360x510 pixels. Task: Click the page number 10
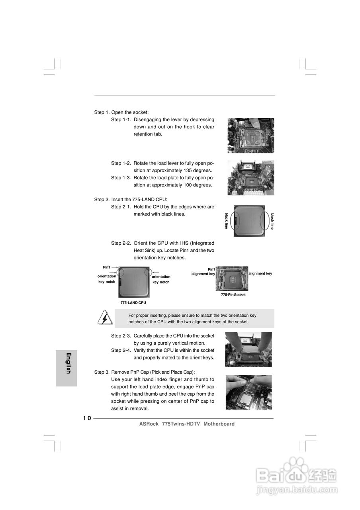click(x=87, y=418)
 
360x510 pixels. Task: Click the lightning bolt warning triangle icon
click(x=105, y=318)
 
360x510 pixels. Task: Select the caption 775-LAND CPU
click(x=133, y=303)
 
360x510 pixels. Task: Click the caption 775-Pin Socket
click(x=233, y=295)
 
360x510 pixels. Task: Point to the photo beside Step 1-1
click(x=250, y=135)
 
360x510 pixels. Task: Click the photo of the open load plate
click(x=250, y=178)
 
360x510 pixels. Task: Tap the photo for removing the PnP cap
click(x=248, y=392)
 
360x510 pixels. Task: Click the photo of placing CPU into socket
click(x=248, y=349)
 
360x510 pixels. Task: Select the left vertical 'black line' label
click(x=227, y=221)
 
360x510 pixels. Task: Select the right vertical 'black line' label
click(x=272, y=221)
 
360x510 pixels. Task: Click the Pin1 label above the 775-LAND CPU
click(x=106, y=267)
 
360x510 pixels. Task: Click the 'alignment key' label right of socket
click(x=260, y=274)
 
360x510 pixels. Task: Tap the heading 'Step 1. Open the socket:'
click(x=121, y=112)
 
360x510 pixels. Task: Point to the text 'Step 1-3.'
click(x=121, y=178)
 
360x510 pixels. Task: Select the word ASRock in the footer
click(x=149, y=424)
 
